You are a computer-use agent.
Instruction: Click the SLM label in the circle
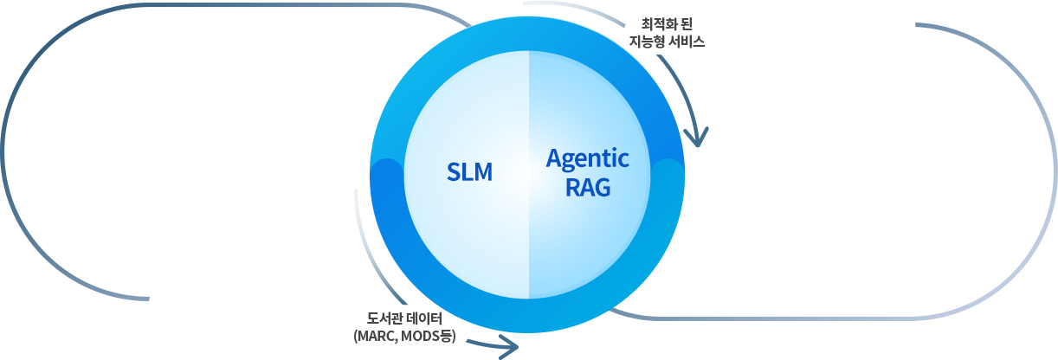coord(469,172)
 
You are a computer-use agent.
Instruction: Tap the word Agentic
coord(588,159)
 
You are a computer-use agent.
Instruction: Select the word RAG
coord(588,187)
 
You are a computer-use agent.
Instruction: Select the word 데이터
coord(424,318)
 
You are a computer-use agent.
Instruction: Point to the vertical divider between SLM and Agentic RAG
coord(528,173)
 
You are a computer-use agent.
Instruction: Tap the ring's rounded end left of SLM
coord(386,173)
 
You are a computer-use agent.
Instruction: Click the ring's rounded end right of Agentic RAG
coord(668,173)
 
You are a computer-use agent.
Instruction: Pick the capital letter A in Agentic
coord(555,159)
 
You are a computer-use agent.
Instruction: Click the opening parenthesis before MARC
coord(357,335)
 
